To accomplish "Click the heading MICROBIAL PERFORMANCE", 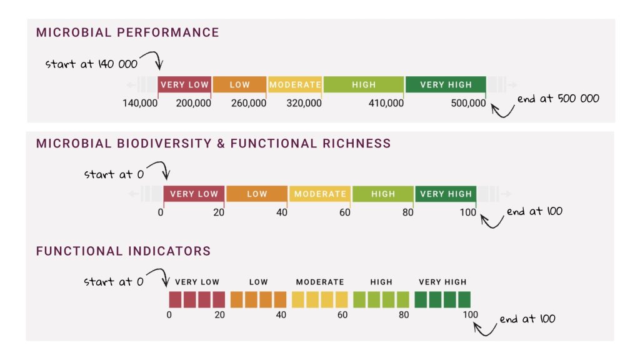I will click(127, 32).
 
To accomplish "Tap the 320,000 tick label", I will click(304, 103).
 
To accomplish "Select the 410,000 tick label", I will click(386, 103).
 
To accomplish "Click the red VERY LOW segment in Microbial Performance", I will click(184, 84).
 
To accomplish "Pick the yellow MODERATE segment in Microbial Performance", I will click(295, 84).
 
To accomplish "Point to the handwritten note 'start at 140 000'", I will click(91, 64).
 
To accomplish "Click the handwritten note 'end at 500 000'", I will click(558, 99).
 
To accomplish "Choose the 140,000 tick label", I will click(139, 103).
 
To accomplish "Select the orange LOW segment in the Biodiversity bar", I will click(256, 194).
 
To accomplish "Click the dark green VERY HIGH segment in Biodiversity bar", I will click(445, 194).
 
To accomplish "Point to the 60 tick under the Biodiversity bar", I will click(345, 212).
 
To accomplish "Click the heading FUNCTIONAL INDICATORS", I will click(123, 251).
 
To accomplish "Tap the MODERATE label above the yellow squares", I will click(320, 282).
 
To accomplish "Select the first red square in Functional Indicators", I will click(174, 299).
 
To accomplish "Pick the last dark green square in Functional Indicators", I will click(464, 299).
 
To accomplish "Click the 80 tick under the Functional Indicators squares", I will click(403, 314).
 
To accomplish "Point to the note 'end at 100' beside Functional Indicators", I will click(527, 319).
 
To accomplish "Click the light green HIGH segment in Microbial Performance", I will click(364, 84).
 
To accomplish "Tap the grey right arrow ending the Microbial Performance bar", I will click(512, 84).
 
